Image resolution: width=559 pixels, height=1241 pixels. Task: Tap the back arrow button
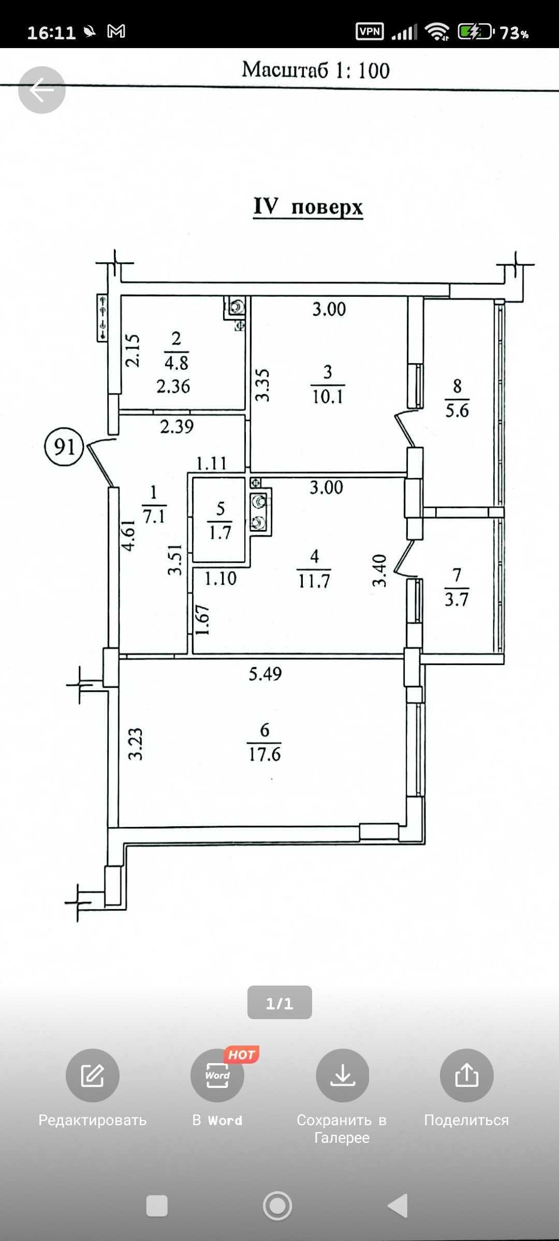click(42, 90)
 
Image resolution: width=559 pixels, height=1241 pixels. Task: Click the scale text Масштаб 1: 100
click(316, 70)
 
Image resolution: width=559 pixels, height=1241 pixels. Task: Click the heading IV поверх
click(308, 206)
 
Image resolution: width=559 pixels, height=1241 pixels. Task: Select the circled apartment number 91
click(64, 446)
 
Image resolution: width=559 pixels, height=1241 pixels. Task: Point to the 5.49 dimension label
click(265, 674)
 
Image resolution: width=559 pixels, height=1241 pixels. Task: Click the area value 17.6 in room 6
click(264, 754)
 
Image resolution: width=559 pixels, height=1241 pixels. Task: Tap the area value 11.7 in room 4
click(314, 581)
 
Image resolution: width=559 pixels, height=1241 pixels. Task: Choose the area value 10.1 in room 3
click(328, 397)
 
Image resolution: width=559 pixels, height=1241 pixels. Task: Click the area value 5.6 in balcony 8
click(457, 411)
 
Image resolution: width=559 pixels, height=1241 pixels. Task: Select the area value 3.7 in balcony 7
click(457, 599)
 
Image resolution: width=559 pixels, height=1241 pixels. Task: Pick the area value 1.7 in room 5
click(220, 532)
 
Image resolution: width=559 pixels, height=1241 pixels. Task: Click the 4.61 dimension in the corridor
click(128, 535)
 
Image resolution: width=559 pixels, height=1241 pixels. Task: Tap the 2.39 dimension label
click(176, 427)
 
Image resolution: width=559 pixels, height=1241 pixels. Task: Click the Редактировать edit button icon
click(93, 1076)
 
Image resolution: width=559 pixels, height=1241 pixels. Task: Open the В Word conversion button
click(217, 1076)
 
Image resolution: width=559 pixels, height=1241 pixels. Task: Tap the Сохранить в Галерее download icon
click(343, 1076)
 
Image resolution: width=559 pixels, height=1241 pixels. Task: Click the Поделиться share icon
click(466, 1076)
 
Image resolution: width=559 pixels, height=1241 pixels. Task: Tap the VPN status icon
click(370, 32)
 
